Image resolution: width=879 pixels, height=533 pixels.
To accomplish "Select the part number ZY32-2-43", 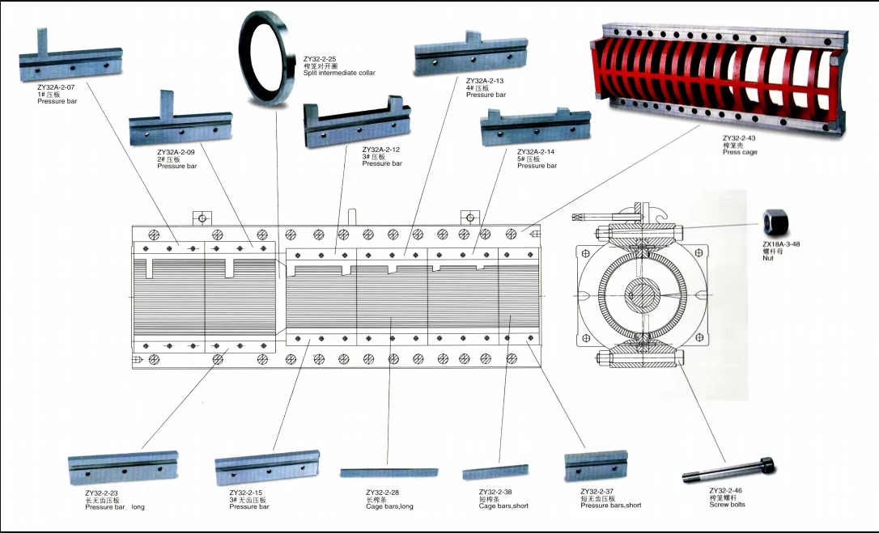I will [x=738, y=138].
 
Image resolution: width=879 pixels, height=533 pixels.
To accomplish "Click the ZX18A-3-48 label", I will [x=780, y=243].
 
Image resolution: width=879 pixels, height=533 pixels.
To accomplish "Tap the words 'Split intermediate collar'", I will [x=339, y=73].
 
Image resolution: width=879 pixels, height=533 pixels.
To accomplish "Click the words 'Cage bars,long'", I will [x=389, y=507].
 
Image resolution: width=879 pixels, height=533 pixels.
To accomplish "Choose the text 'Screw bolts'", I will [x=727, y=505].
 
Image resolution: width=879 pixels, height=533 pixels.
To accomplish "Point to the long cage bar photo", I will [x=389, y=472].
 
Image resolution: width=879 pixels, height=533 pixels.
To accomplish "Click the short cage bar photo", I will [x=495, y=472].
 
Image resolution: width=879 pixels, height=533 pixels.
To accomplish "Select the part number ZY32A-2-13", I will [x=485, y=81].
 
